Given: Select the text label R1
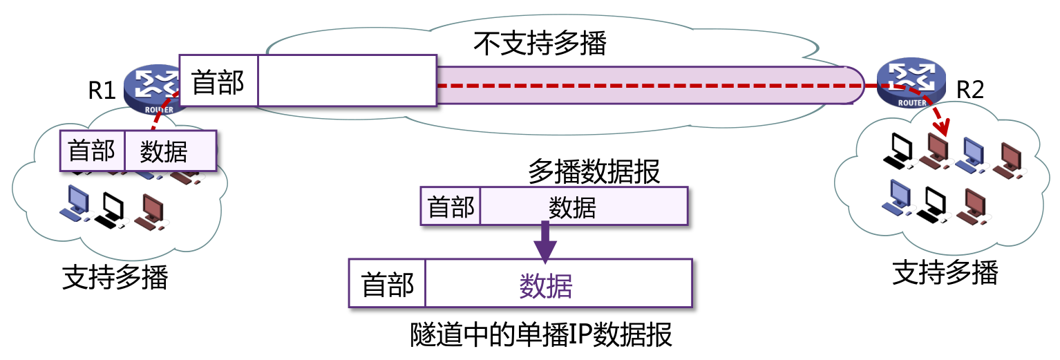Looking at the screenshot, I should point(102,90).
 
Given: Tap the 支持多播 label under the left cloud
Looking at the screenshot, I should point(115,277).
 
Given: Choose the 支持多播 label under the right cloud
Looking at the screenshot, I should point(945,273).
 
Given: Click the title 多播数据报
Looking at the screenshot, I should point(594,171).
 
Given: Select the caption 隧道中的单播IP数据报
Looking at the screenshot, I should point(540,337).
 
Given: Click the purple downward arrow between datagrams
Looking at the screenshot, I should point(545,243).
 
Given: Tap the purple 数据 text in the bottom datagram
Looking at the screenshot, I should point(546,284).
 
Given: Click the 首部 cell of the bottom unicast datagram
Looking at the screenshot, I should point(388,284).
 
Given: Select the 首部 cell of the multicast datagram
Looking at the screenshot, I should point(451,206).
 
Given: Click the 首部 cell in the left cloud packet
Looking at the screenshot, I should point(92,151).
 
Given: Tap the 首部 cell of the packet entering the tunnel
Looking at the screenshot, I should point(218,82).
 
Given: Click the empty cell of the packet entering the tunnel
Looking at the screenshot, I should point(347,82).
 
